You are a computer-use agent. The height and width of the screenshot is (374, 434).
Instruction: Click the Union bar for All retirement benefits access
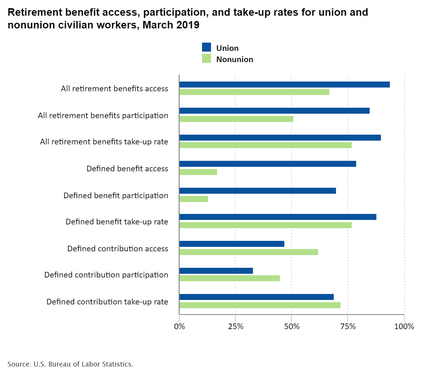[284, 85]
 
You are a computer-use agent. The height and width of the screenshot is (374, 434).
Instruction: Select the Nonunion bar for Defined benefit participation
[193, 199]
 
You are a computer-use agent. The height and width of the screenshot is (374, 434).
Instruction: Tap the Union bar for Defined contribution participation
[216, 271]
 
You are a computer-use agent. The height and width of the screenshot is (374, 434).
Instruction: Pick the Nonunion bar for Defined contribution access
[248, 252]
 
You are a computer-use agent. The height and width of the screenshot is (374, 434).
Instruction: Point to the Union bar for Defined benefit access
[268, 164]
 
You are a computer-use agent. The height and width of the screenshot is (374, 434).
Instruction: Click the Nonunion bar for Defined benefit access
[198, 172]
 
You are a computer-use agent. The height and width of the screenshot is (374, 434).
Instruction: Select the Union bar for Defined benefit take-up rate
[278, 217]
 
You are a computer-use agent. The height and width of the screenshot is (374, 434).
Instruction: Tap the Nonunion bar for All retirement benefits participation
[236, 119]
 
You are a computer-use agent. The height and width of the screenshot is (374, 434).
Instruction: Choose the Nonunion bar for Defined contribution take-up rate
[260, 305]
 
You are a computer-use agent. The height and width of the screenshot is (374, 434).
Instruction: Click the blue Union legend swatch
[207, 47]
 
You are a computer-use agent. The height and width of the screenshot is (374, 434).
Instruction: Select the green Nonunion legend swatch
[207, 58]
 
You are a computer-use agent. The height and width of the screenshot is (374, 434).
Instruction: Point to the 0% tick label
[180, 327]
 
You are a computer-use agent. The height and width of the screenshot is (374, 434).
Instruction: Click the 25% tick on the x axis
[236, 327]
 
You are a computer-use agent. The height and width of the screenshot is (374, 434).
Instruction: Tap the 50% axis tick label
[292, 327]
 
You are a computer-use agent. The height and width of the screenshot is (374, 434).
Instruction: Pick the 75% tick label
[348, 327]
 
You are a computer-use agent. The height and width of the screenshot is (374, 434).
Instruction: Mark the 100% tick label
[404, 327]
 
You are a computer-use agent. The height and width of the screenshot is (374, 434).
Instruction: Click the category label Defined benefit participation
[116, 196]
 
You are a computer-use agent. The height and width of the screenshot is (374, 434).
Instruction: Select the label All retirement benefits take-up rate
[104, 142]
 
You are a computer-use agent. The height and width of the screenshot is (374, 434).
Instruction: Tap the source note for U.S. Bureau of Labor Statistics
[70, 364]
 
